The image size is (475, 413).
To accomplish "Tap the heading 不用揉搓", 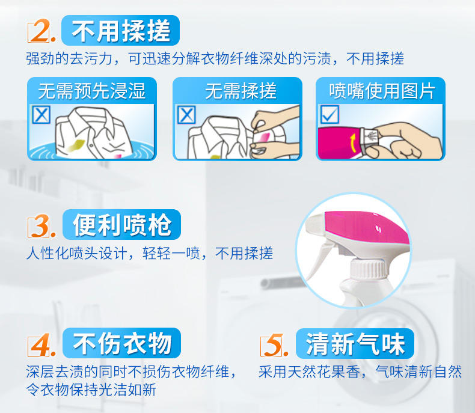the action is [121, 31].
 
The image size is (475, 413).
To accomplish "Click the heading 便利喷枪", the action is [122, 225].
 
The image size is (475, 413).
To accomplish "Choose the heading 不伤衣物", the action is [122, 343].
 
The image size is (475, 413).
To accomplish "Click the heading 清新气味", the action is [355, 344].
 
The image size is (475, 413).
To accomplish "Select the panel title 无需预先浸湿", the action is [92, 91].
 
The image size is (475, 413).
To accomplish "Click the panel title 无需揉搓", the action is [241, 91].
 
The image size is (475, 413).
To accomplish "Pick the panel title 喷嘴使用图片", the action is [382, 91].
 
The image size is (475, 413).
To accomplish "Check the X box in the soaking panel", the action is [41, 114].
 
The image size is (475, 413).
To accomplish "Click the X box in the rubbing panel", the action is [186, 114].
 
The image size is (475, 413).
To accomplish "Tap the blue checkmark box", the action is [329, 114].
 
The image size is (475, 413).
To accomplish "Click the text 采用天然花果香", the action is [309, 372].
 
